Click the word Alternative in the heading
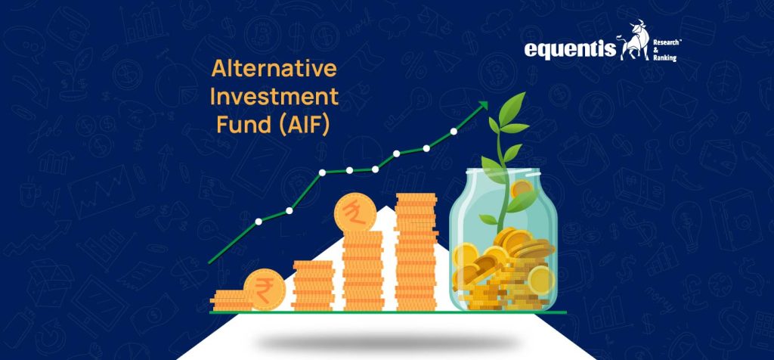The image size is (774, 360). (274, 70)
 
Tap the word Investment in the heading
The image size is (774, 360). (274, 98)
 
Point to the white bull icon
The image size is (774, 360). (633, 44)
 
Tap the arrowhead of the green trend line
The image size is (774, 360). (481, 108)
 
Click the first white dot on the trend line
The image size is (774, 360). (259, 221)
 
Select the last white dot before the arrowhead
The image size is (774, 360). (454, 131)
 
